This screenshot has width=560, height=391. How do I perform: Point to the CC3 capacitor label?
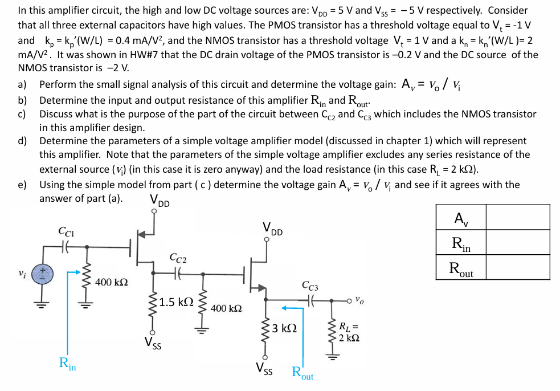pyautogui.click(x=310, y=286)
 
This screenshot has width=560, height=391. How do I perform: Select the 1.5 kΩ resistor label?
pyautogui.click(x=177, y=302)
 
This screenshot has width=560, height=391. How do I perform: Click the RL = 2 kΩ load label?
pyautogui.click(x=349, y=332)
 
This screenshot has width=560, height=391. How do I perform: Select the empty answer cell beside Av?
pyautogui.click(x=517, y=217)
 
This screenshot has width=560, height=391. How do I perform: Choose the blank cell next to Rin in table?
pyautogui.click(x=517, y=242)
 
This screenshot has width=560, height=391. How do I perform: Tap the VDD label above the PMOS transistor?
pyautogui.click(x=159, y=201)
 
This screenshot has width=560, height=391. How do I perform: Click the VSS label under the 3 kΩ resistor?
pyautogui.click(x=264, y=371)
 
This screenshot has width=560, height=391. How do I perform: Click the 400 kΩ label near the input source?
pyautogui.click(x=112, y=282)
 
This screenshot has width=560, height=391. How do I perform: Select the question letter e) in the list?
pyautogui.click(x=22, y=184)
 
